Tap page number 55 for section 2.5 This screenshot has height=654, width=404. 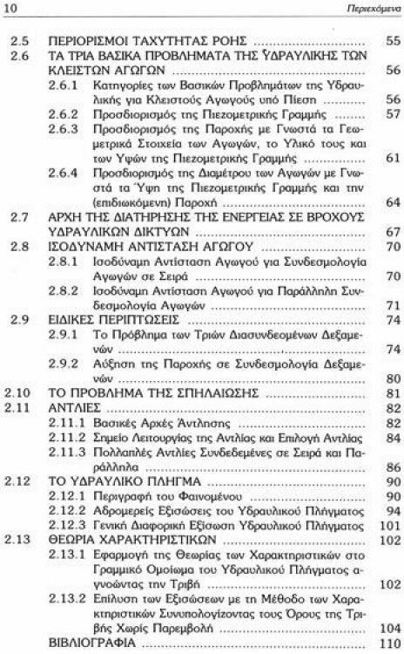[x=392, y=41]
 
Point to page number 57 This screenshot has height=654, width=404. [x=392, y=114]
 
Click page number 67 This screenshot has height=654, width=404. [x=392, y=233]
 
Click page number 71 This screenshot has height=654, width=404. [x=392, y=305]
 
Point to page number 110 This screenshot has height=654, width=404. [x=389, y=643]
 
